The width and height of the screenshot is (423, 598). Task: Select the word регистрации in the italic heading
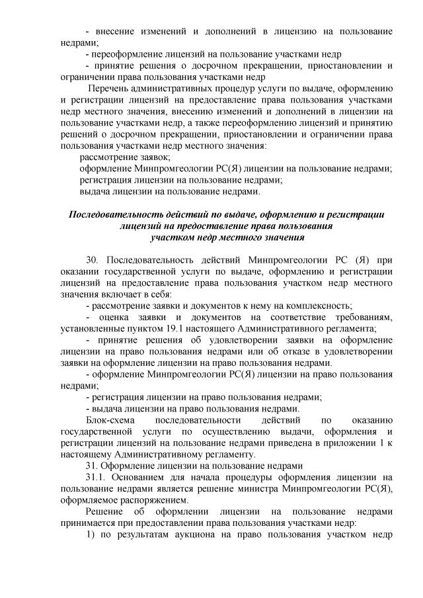point(356,214)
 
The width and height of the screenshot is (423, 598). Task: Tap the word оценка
point(117,317)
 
